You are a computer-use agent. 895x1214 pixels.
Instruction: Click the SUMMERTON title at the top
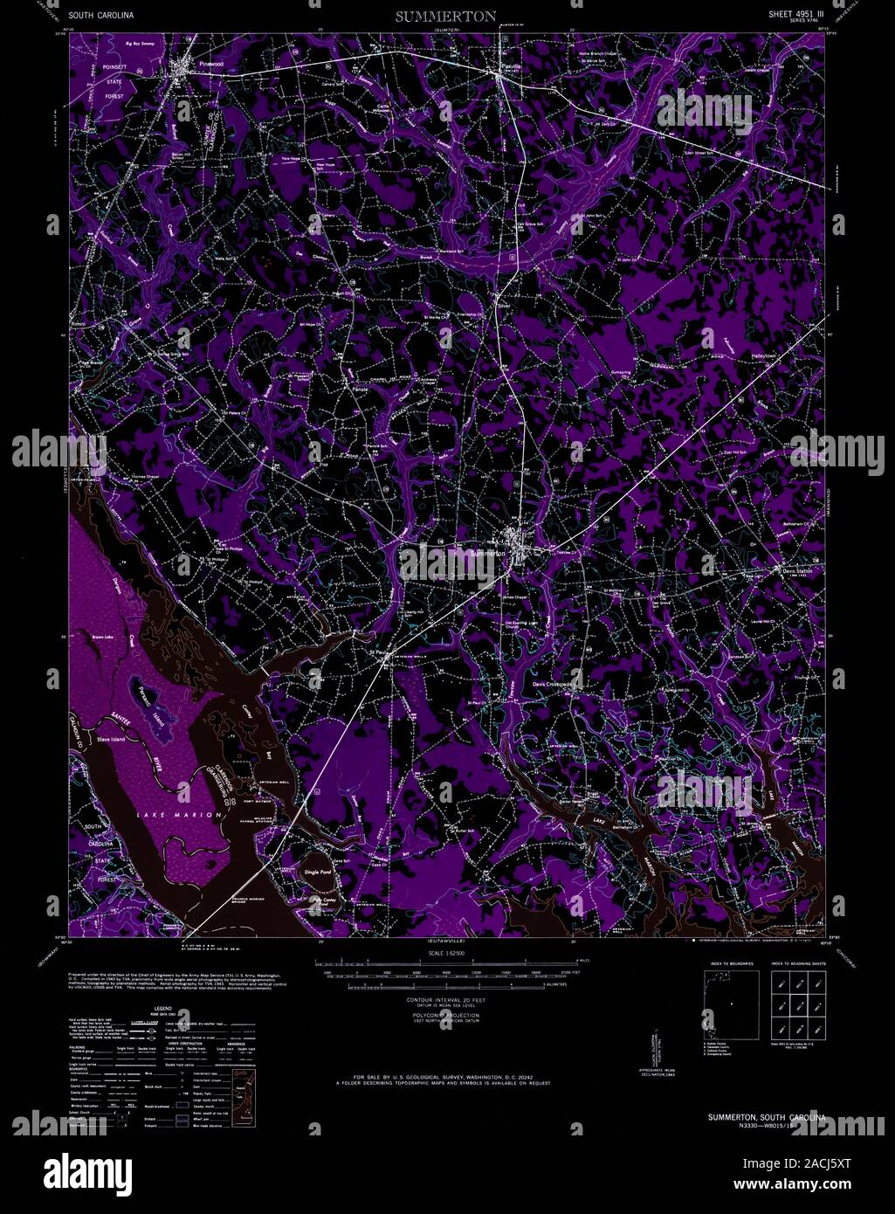(445, 17)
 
